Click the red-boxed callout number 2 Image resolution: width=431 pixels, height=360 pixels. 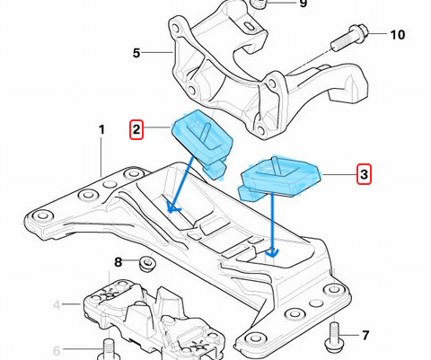[x=137, y=129]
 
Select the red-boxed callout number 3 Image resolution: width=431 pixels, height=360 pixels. [x=364, y=173]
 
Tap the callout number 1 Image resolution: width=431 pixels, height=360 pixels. [x=101, y=130]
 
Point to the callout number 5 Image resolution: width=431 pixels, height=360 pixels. [x=136, y=53]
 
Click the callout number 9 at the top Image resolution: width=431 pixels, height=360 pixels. [x=303, y=4]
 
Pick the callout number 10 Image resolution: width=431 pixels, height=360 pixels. [x=398, y=35]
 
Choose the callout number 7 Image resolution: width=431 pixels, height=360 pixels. [x=365, y=336]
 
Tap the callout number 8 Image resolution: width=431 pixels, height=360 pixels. [x=118, y=262]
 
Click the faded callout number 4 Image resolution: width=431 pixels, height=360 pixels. [x=57, y=305]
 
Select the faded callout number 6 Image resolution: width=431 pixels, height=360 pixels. [x=56, y=350]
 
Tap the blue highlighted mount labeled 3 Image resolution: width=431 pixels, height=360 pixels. [x=278, y=177]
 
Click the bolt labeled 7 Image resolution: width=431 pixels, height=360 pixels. [x=335, y=335]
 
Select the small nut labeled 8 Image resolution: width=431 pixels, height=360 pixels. [x=146, y=264]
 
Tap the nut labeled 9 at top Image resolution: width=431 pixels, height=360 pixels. [x=259, y=4]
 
